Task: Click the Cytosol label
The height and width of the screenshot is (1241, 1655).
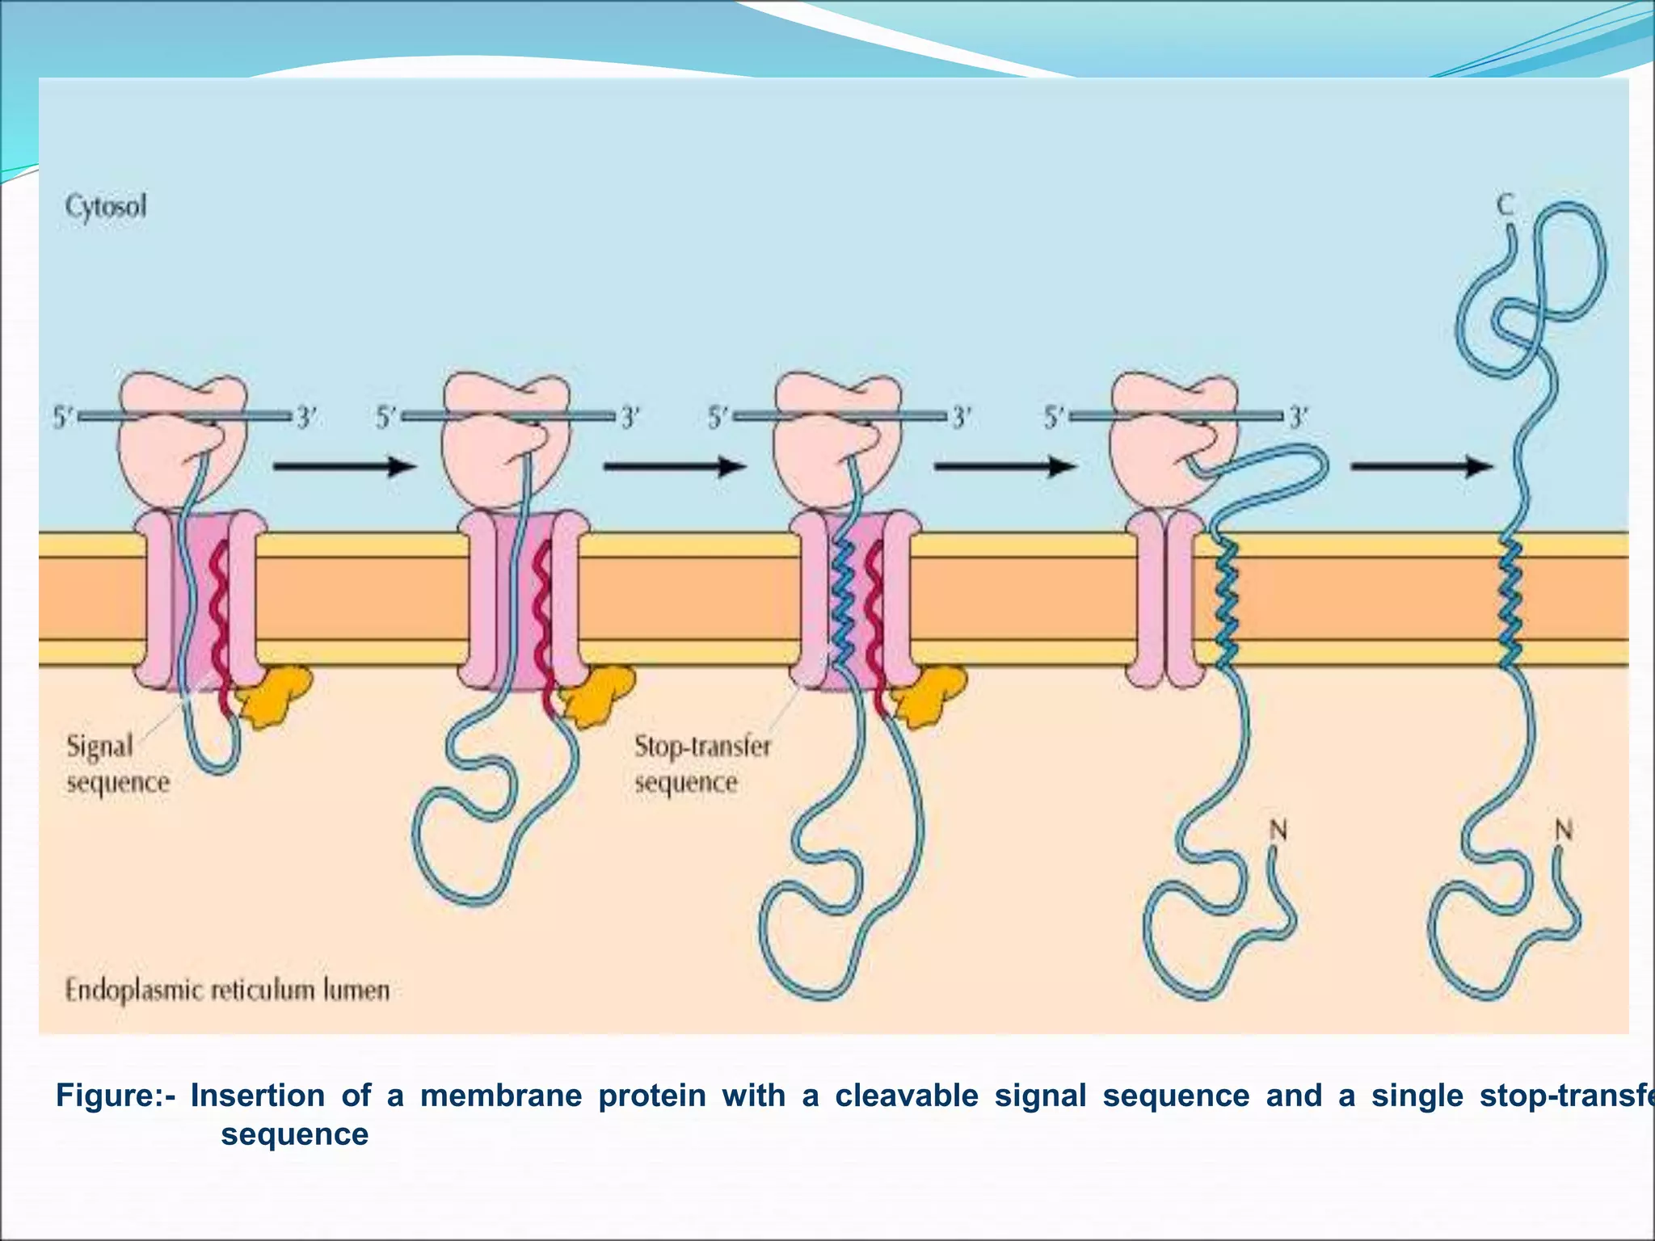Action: (106, 207)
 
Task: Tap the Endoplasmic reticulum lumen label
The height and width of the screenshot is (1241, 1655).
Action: (227, 990)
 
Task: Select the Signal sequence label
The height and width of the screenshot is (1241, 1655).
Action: (118, 764)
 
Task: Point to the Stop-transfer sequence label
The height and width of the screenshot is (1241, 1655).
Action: (702, 764)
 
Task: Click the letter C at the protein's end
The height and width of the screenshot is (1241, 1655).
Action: (1505, 205)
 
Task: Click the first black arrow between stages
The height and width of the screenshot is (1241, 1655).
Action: (344, 466)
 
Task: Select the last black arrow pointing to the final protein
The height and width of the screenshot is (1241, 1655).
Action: (1421, 466)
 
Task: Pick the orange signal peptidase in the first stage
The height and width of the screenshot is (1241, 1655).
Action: (276, 695)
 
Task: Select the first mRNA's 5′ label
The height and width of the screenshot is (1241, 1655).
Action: (63, 419)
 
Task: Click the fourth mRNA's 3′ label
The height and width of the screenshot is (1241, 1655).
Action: (1299, 419)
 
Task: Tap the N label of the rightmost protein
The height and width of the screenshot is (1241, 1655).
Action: (1564, 830)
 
